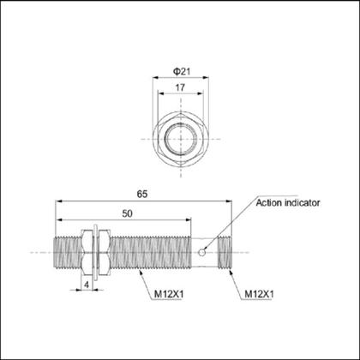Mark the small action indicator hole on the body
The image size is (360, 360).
pos(201,252)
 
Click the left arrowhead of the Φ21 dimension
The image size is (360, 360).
pos(155,75)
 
